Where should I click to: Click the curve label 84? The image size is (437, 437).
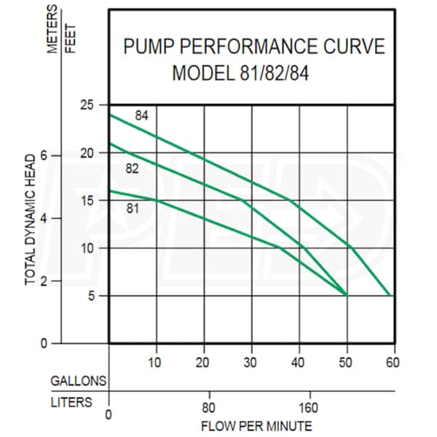click(x=142, y=116)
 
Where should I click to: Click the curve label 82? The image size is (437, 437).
click(x=133, y=169)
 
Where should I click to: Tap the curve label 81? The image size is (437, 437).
click(x=133, y=208)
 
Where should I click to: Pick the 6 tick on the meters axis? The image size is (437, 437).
click(x=44, y=155)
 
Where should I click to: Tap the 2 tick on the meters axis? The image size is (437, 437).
click(x=44, y=281)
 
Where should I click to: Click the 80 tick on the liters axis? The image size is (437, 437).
click(x=209, y=406)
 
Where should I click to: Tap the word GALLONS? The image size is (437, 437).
click(x=79, y=381)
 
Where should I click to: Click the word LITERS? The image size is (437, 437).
click(x=72, y=401)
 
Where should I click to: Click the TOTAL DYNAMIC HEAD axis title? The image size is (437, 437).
click(x=31, y=219)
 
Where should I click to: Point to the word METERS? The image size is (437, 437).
click(x=52, y=30)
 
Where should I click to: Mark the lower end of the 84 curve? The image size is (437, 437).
click(x=392, y=296)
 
